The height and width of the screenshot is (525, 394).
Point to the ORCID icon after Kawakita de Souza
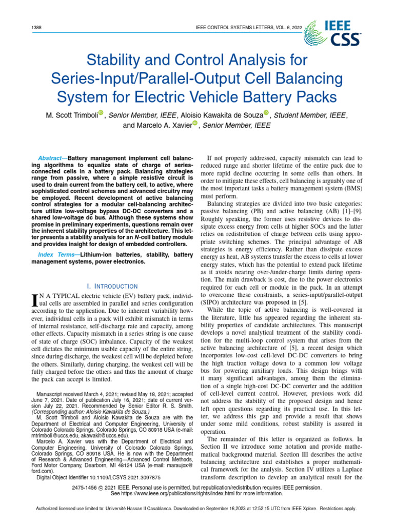pos(266,113)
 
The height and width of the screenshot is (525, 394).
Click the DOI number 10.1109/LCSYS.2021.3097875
pos(119,477)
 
